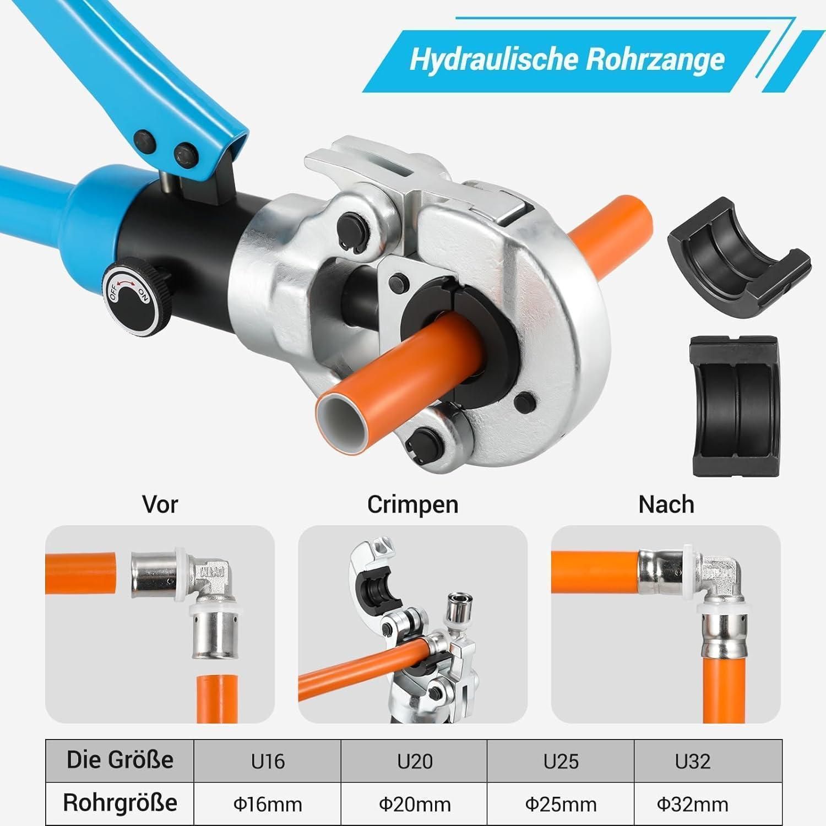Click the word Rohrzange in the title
click(654, 59)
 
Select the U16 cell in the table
click(268, 761)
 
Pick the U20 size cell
click(414, 761)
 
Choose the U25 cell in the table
click(561, 761)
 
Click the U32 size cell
click(708, 761)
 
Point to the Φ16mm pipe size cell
click(268, 804)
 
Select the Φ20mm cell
click(414, 804)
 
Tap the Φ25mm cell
click(561, 804)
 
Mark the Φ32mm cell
click(708, 804)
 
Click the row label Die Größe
click(119, 760)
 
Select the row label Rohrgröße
click(119, 803)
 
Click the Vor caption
click(160, 504)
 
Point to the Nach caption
click(666, 504)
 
